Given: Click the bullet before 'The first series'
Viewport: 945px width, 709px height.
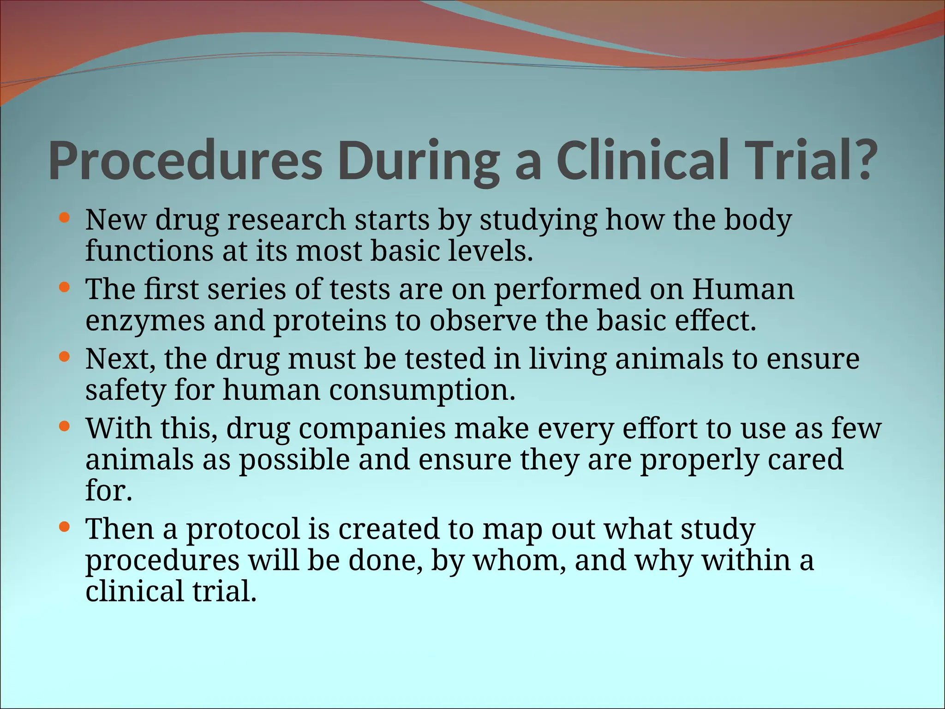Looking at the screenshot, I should tap(65, 287).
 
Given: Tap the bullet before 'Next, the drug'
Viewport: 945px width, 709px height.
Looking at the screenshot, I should tap(65, 357).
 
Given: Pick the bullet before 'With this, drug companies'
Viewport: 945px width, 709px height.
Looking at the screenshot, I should tap(65, 427).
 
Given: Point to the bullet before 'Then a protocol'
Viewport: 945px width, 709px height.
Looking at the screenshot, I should tap(65, 527).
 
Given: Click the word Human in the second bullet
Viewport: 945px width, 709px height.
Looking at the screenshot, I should tap(743, 289).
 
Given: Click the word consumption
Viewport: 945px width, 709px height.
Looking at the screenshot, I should tap(422, 391).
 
